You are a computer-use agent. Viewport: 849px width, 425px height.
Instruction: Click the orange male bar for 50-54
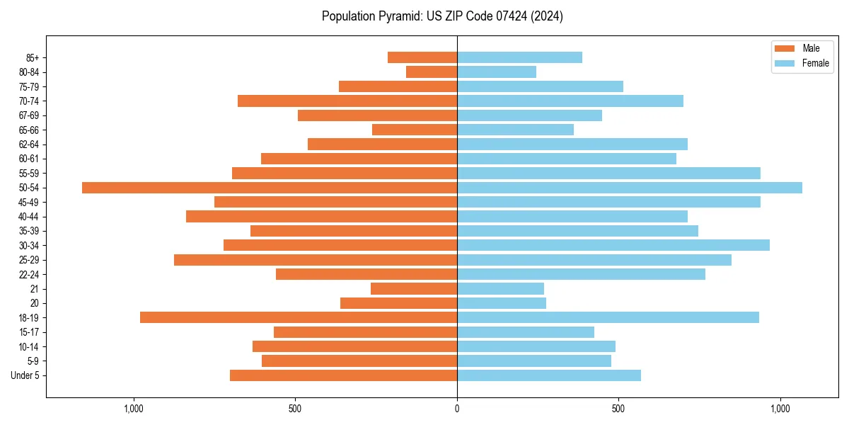point(270,188)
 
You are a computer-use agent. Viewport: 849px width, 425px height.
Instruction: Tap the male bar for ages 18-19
point(299,317)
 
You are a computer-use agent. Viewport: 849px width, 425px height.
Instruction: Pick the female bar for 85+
point(520,57)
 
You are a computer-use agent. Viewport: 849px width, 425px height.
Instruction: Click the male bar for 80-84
point(432,72)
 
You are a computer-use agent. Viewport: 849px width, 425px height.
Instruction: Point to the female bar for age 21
point(501,289)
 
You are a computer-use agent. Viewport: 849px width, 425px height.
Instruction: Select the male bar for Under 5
point(344,375)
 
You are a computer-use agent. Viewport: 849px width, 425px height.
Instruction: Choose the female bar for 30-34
point(613,245)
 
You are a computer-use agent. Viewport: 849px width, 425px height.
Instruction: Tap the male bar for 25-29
point(316,260)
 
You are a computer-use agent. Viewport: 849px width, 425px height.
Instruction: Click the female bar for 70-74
point(570,101)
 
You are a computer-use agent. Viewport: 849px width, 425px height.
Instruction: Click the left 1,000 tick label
point(133,409)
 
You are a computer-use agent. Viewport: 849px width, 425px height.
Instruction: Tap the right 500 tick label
point(618,409)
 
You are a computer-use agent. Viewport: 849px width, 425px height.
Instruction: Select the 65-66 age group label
point(29,130)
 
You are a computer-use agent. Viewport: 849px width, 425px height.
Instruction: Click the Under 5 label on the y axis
point(25,375)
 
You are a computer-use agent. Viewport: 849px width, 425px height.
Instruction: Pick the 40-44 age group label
point(29,217)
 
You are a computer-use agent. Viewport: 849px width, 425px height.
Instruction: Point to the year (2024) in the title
point(549,16)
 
